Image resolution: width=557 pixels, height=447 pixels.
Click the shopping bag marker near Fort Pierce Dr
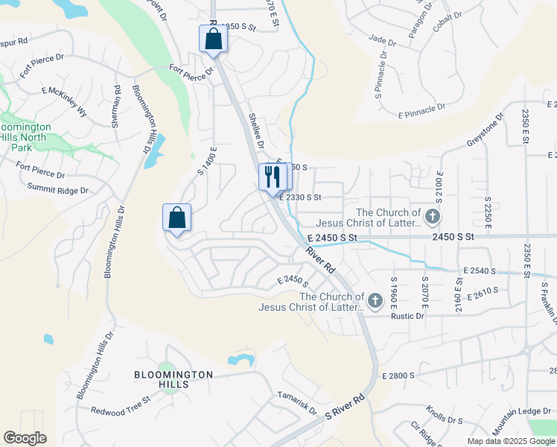[x=213, y=39]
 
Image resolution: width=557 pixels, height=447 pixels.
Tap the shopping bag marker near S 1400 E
[x=176, y=218]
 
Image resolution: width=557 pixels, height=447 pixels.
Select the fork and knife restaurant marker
[x=272, y=177]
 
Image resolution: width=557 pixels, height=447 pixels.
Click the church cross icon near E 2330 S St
[x=433, y=217]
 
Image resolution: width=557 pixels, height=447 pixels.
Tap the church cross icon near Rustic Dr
[x=375, y=301]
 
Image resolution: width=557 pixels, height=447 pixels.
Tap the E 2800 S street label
[x=398, y=375]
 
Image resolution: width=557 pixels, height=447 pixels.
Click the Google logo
[x=25, y=438]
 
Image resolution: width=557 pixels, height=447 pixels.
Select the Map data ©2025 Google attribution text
[x=510, y=441]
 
